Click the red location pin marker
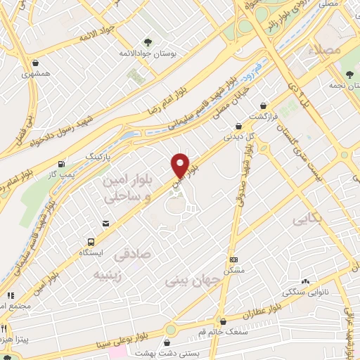181,165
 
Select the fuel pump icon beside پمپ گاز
64,162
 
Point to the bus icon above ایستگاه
90,240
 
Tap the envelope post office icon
105,223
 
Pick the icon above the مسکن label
234,259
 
